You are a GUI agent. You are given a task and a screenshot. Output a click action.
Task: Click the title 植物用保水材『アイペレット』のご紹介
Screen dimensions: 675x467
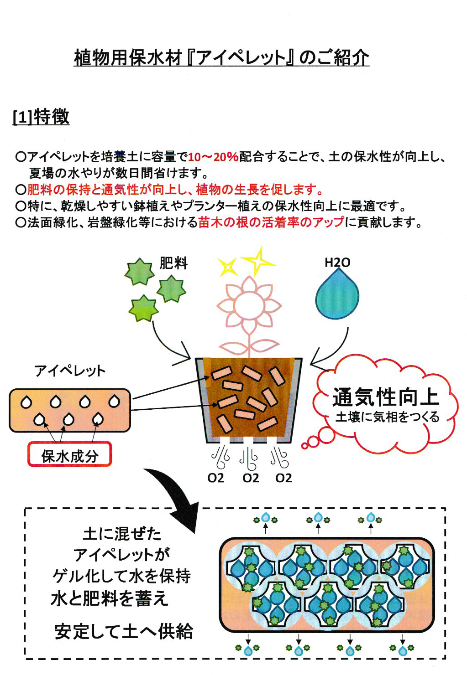[221, 58]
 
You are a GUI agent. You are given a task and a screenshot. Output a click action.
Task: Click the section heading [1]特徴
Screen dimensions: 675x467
[41, 117]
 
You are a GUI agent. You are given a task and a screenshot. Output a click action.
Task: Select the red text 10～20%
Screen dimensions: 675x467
[213, 157]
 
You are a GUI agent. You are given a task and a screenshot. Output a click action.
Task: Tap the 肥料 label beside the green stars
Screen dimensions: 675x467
[173, 263]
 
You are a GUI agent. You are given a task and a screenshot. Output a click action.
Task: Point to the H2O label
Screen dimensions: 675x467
[337, 263]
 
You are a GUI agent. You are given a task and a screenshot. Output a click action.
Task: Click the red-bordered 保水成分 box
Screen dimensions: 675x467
[70, 455]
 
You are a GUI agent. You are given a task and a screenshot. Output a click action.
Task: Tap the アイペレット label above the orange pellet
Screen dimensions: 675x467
[70, 371]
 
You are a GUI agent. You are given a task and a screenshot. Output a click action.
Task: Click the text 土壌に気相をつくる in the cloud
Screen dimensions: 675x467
[387, 417]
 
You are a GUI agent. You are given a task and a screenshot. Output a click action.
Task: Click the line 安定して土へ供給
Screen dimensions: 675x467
[123, 631]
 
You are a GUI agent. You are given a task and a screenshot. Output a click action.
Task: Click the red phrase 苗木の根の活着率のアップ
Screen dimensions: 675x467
[271, 222]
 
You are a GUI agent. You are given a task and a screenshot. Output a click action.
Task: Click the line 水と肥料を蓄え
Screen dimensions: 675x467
[110, 598]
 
